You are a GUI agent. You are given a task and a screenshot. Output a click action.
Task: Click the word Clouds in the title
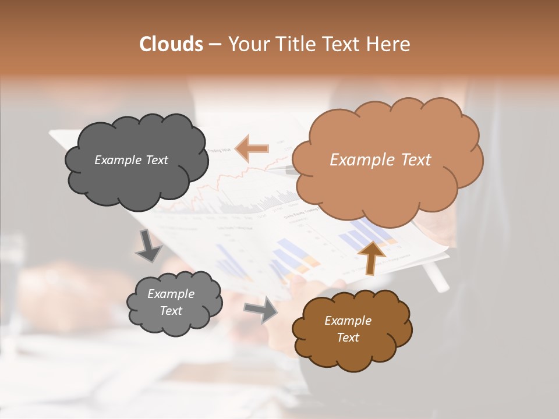coord(171,44)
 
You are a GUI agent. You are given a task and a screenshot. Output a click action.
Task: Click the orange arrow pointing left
coord(252,148)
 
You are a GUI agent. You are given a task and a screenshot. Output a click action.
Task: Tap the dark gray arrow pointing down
coord(148,246)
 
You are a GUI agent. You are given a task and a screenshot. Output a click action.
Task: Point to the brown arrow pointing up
coord(370,256)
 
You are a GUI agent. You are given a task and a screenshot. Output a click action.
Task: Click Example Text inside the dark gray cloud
coord(131,160)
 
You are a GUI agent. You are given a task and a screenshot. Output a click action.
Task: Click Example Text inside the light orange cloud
coord(380,160)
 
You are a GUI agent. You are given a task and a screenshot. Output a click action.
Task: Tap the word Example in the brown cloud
coord(348,321)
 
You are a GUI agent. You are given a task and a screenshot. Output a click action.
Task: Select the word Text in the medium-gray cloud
coord(171,311)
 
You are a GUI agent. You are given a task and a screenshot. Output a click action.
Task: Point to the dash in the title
coord(214,44)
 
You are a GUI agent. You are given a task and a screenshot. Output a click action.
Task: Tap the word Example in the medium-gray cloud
coord(171,294)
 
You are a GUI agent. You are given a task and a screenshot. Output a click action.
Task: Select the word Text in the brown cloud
coord(348,338)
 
